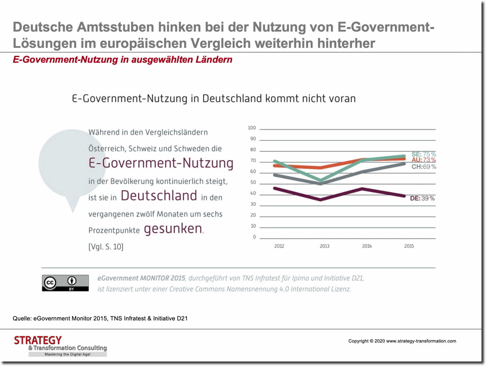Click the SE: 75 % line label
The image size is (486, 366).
[424, 154]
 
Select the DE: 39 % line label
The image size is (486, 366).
[422, 198]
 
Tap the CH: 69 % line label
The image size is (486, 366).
[424, 167]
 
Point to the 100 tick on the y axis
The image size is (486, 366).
[252, 128]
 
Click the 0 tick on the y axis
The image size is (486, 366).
[254, 237]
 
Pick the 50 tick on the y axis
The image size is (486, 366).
[253, 182]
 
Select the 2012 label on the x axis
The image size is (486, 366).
[279, 246]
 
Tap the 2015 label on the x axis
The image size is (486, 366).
[409, 246]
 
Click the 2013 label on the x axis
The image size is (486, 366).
[324, 246]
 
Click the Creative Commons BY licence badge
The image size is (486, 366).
[65, 283]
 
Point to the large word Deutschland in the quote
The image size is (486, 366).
[159, 196]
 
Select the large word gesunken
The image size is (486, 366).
[173, 229]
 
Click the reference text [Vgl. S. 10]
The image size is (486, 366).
[106, 247]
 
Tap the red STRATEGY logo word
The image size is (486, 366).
[38, 340]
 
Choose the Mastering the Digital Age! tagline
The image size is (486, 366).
[67, 354]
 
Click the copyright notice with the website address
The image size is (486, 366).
[402, 341]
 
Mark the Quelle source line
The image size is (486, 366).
[100, 319]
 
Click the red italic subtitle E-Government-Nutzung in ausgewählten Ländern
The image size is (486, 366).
[122, 60]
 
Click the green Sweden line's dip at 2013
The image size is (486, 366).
[321, 180]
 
